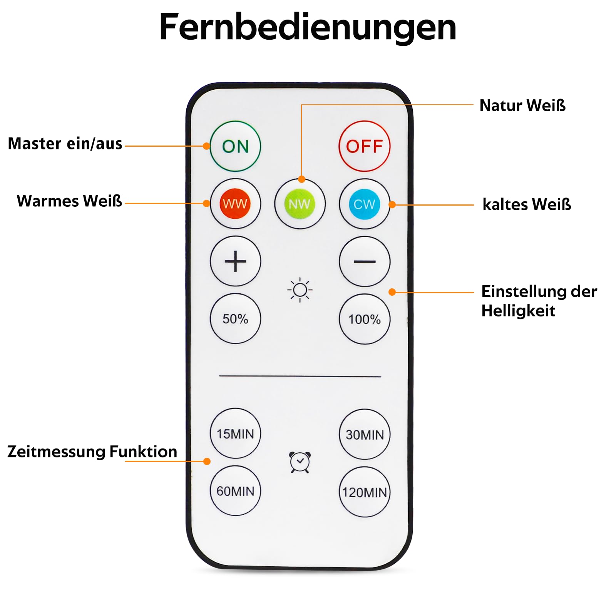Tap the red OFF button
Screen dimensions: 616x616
point(364,146)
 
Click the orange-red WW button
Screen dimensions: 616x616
point(235,204)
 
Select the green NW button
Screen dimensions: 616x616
point(300,204)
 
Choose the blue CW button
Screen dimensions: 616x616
point(364,204)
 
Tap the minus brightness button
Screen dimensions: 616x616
point(364,261)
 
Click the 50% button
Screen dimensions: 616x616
point(235,318)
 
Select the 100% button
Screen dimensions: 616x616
point(364,319)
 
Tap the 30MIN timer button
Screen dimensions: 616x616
point(364,434)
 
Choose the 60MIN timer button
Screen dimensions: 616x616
point(235,491)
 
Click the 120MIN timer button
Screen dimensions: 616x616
point(364,492)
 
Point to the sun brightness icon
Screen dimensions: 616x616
point(300,290)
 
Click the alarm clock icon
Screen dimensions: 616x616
point(300,462)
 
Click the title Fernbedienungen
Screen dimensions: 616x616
point(308,27)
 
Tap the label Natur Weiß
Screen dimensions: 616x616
point(522,105)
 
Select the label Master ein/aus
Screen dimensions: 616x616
point(65,144)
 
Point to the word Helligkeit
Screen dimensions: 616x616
point(518,311)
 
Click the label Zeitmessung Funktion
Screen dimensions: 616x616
point(92,452)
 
